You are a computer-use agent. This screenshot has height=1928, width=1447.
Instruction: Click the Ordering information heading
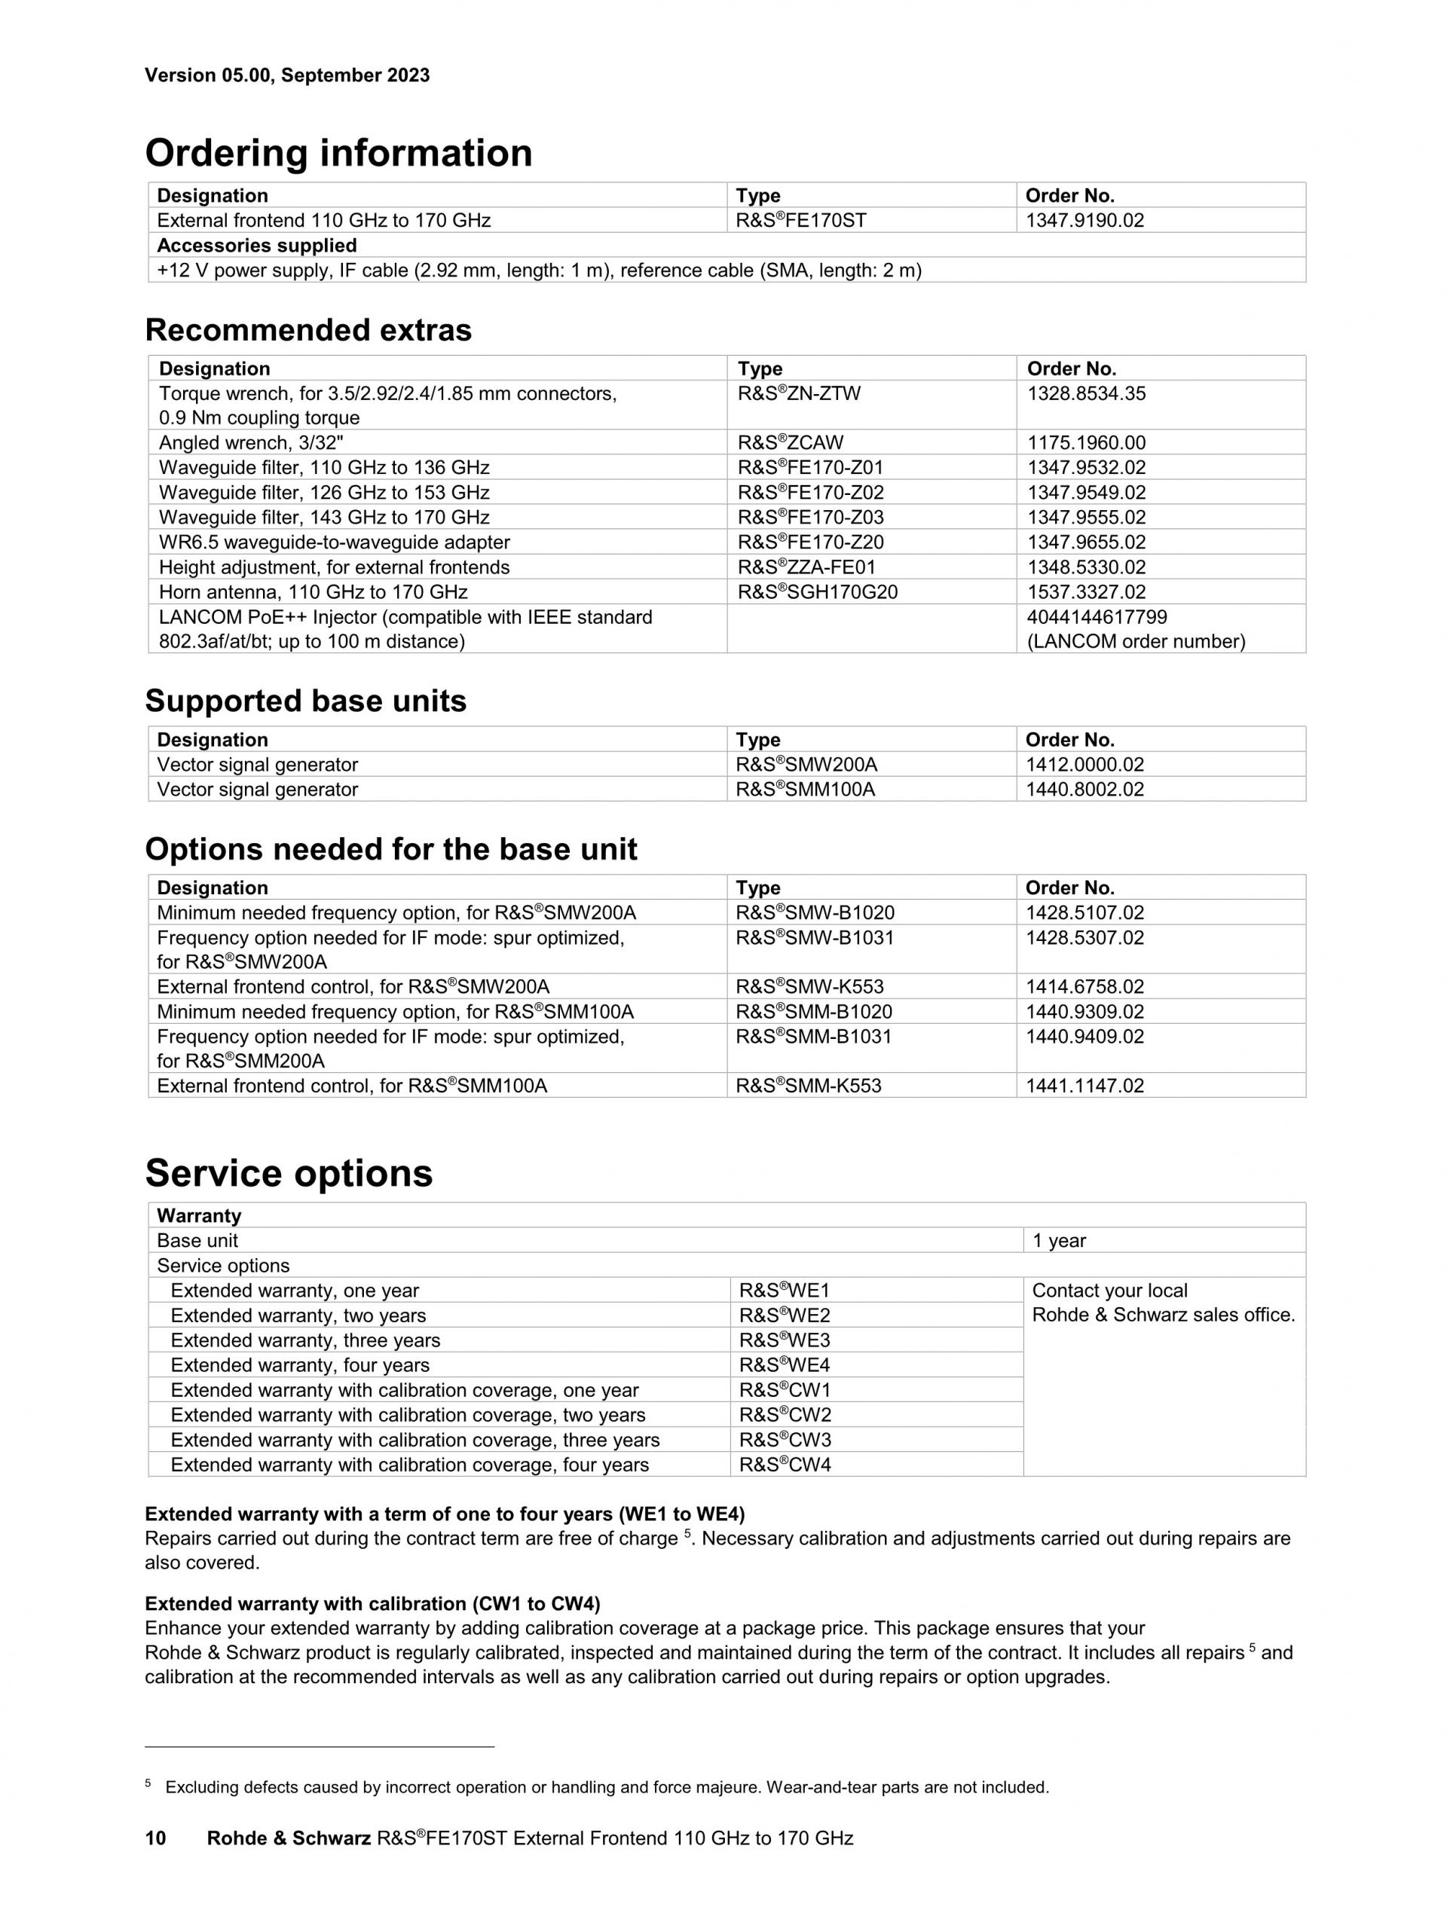coord(338,154)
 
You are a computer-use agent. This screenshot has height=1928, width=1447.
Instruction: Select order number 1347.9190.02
coord(1084,221)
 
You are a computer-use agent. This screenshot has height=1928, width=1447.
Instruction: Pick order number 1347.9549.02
coord(1086,493)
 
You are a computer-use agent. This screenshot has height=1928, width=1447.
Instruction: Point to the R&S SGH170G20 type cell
coord(817,593)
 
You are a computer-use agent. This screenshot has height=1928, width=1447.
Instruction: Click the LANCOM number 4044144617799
coord(1097,617)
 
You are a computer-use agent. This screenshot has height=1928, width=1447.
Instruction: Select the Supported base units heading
coord(305,701)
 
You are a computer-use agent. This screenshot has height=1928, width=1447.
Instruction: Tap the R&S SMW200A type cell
coord(806,765)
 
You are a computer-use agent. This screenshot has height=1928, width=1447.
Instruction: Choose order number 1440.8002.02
coord(1084,790)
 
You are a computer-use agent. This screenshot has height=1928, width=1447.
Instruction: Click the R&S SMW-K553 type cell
coord(809,987)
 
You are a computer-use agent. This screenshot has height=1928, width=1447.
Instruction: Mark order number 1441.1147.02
coord(1084,1086)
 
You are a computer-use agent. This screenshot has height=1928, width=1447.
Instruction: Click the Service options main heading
coord(289,1173)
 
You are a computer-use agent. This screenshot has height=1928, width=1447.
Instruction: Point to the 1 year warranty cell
coord(1059,1241)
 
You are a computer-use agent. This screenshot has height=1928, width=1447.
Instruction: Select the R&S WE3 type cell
coord(785,1340)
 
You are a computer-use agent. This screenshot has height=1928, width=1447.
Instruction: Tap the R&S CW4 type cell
coord(785,1465)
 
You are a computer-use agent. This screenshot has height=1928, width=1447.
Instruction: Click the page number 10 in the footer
coord(155,1838)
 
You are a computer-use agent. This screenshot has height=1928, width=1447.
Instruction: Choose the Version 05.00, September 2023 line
coord(287,75)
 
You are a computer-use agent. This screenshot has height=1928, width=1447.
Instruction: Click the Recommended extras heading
coord(307,330)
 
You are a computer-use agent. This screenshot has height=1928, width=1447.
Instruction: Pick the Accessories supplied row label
coord(256,246)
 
